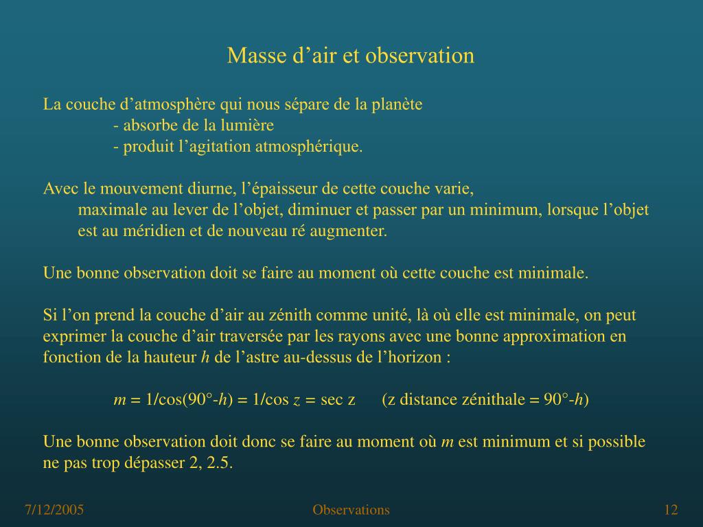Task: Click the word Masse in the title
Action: pos(249,56)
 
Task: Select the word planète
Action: pos(397,105)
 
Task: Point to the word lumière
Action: pos(249,126)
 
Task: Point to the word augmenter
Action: pos(349,231)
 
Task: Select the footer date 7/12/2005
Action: pos(54,510)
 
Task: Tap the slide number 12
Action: pos(671,510)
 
